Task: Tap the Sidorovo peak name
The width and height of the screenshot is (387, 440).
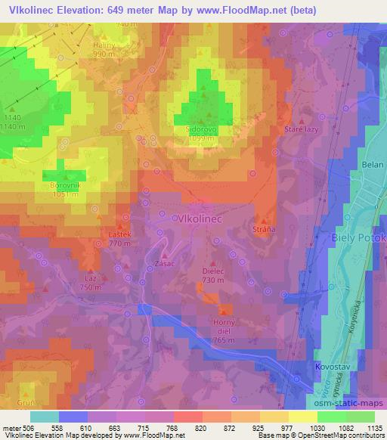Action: (x=202, y=129)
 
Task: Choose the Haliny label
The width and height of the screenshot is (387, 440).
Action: (x=103, y=45)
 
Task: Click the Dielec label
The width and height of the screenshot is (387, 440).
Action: (x=214, y=268)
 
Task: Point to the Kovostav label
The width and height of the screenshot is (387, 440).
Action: (x=330, y=367)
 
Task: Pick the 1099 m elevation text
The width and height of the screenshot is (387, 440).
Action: (x=202, y=139)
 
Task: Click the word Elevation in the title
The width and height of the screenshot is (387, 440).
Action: (x=82, y=10)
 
